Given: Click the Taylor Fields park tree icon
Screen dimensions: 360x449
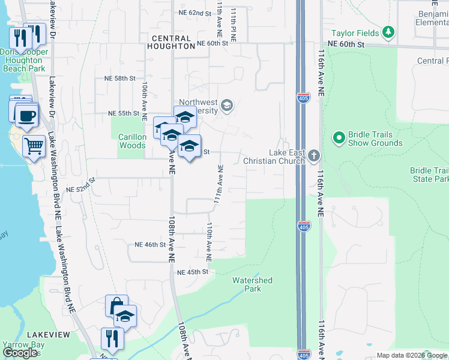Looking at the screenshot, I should (389, 32).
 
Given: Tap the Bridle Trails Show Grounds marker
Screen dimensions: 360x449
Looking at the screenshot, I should (339, 139).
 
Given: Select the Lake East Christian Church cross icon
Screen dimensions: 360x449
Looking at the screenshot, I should (314, 157).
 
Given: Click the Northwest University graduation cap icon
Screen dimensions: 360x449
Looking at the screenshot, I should (226, 106).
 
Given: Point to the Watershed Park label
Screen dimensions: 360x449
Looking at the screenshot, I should (253, 284).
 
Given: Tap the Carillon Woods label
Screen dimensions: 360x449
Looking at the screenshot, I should (132, 141).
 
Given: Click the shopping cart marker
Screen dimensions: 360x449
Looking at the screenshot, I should (34, 145).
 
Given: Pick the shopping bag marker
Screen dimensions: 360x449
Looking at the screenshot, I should (116, 305).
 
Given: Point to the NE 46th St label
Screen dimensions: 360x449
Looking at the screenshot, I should (150, 245).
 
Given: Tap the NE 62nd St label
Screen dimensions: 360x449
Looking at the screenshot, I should (195, 12).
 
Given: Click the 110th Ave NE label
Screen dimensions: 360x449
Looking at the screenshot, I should (209, 242).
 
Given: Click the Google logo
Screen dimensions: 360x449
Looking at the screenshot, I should (20, 353).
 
